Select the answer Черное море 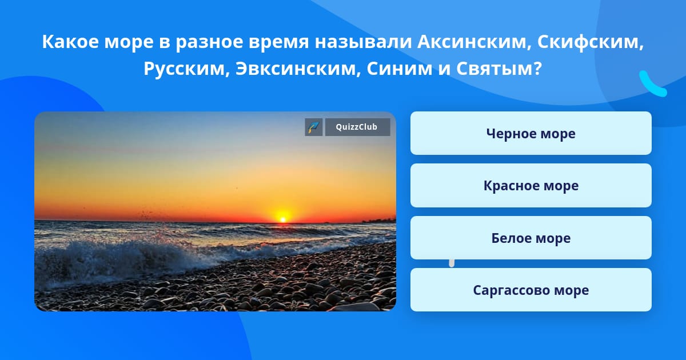[x=531, y=133]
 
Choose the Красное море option [x=531, y=186]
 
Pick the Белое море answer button [x=531, y=238]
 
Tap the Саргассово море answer [x=531, y=290]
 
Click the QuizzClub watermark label [x=357, y=127]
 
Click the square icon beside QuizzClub [x=314, y=127]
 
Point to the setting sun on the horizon [x=283, y=217]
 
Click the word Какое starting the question [x=70, y=42]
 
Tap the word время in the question [x=279, y=42]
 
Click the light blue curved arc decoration [x=652, y=85]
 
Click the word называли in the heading [x=363, y=42]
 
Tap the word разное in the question [x=209, y=42]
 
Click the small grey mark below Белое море [x=452, y=263]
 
